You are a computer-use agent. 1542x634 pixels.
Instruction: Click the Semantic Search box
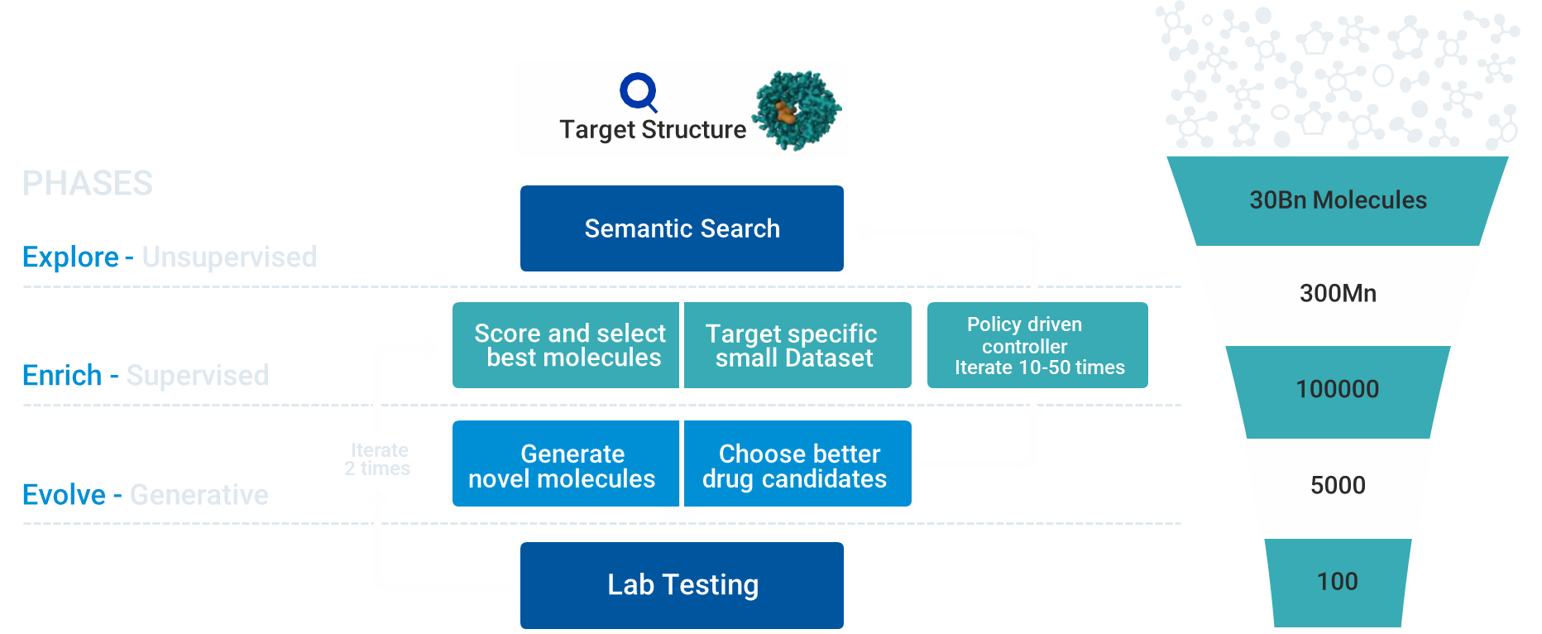click(682, 228)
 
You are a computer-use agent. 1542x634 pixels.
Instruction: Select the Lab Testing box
click(682, 584)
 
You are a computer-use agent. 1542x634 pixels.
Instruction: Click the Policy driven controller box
click(1037, 345)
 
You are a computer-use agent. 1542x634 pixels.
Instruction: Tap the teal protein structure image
click(796, 110)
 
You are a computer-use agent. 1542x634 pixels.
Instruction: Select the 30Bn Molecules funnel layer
click(1338, 200)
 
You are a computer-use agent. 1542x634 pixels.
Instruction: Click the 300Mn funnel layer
click(1338, 294)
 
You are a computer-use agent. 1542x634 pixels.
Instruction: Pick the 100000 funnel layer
click(1338, 389)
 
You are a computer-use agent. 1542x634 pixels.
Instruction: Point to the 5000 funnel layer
click(1338, 485)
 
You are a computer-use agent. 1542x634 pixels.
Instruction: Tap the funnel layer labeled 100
click(1338, 582)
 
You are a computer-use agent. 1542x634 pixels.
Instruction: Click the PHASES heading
click(88, 184)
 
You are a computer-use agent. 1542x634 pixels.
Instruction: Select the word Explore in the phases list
click(70, 257)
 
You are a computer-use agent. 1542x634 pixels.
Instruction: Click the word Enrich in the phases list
click(62, 376)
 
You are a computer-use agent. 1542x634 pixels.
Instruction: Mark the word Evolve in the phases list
click(64, 495)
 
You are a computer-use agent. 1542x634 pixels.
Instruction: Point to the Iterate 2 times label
click(378, 459)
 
